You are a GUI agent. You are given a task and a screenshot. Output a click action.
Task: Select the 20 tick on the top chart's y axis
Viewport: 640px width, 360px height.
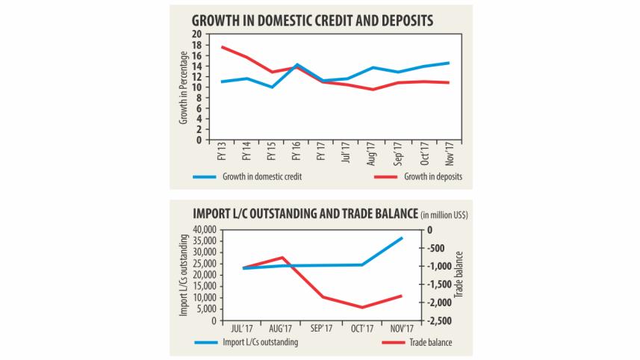tap(197, 34)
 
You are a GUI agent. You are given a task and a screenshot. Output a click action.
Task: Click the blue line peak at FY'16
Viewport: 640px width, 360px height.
tap(297, 64)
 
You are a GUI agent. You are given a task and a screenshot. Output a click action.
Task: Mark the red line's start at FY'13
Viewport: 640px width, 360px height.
tap(221, 47)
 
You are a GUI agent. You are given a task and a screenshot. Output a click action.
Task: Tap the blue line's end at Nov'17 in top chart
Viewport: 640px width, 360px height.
tap(449, 63)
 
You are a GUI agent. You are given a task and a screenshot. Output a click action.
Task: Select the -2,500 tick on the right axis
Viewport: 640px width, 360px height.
tap(439, 321)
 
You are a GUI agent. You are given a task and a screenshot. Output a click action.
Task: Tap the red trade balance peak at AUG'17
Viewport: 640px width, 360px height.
tap(282, 257)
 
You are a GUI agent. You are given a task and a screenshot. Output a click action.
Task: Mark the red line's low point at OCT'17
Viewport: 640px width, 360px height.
tap(363, 307)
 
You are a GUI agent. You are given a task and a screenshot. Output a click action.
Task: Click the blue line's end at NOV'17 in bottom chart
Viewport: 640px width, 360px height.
tap(403, 238)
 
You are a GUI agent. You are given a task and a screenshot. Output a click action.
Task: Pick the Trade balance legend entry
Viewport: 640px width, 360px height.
tap(429, 343)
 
